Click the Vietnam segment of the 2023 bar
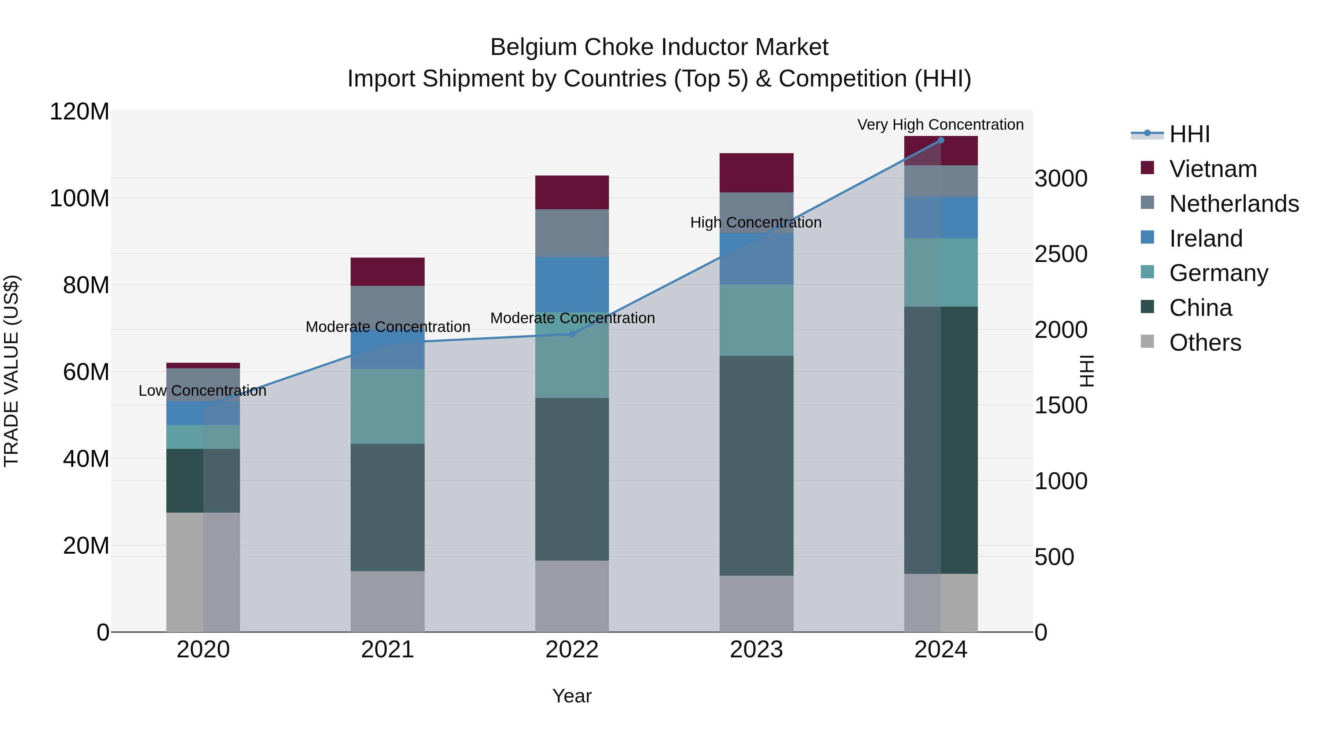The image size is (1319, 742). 756,173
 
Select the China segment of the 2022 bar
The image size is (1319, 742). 572,479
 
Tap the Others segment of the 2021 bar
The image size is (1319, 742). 388,601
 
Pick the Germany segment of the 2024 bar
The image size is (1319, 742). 941,272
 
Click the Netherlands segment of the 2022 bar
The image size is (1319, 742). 572,233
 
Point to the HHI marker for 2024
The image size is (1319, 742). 941,140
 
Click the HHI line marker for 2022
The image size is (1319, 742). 572,334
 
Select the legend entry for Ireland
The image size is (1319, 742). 1205,239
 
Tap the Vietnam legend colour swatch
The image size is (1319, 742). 1148,168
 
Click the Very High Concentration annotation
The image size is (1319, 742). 940,125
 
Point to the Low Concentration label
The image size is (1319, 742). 202,391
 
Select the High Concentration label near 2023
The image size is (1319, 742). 756,222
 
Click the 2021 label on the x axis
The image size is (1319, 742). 388,650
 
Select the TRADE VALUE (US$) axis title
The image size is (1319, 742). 11,371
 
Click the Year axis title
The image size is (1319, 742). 572,696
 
